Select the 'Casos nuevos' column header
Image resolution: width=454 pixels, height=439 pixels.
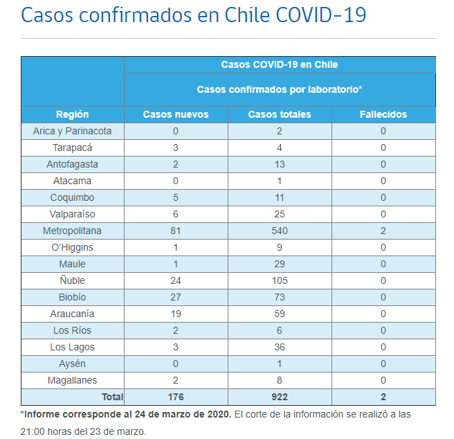[176, 114]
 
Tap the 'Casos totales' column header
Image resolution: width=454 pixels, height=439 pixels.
[280, 114]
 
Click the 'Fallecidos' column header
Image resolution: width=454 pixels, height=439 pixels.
[383, 114]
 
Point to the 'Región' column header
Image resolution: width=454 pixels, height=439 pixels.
[73, 114]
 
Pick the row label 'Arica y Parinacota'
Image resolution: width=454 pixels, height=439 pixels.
[73, 131]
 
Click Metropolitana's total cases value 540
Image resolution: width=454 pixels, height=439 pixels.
[280, 231]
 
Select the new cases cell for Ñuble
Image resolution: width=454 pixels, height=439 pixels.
[176, 280]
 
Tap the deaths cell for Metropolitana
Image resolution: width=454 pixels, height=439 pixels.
[383, 231]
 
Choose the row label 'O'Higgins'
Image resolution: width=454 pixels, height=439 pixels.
[73, 247]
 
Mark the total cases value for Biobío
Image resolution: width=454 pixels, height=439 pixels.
[280, 297]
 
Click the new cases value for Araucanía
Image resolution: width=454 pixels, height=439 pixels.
[176, 314]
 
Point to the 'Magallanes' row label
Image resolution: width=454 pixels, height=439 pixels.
[73, 380]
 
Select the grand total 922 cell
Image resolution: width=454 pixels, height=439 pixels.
[280, 397]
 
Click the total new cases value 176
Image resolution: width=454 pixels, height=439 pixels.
[176, 397]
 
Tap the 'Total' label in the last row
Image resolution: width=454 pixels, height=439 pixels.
[111, 397]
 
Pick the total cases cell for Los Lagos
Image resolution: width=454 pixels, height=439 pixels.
[280, 347]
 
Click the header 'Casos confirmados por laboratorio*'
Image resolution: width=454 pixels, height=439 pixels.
[280, 89]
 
